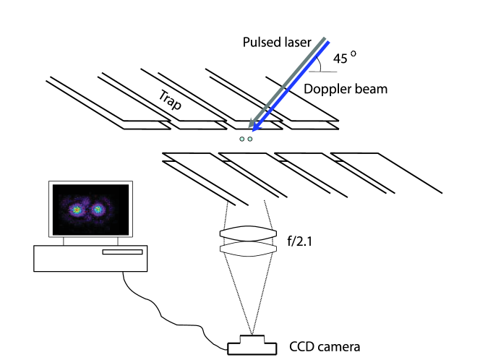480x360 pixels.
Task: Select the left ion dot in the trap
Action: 242,140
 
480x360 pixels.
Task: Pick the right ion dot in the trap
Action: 250,140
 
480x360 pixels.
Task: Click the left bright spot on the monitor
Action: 75,209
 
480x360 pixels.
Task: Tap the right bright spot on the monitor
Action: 98,210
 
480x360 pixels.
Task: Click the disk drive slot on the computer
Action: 122,252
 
